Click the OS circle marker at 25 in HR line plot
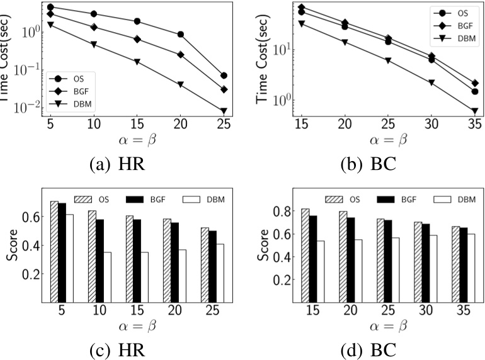pyautogui.click(x=224, y=76)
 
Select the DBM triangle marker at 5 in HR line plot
pyautogui.click(x=50, y=25)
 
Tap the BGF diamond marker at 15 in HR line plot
pyautogui.click(x=137, y=39)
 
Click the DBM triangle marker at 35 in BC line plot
pyautogui.click(x=474, y=111)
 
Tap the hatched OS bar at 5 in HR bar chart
pyautogui.click(x=54, y=251)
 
